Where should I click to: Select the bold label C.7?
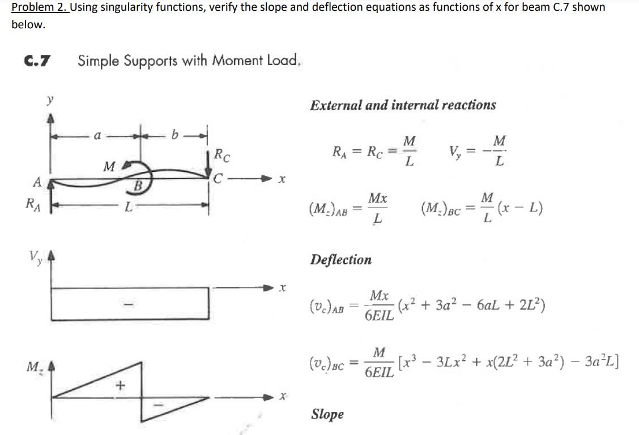tap(36, 60)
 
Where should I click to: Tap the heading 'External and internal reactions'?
tap(403, 105)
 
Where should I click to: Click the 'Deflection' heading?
tap(341, 260)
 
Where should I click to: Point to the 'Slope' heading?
tap(327, 414)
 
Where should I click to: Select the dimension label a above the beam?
tap(97, 136)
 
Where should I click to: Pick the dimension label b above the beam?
tap(176, 136)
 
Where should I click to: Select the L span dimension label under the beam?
tap(129, 208)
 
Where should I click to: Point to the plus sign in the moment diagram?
tap(119, 386)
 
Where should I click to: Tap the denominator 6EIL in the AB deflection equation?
tap(379, 316)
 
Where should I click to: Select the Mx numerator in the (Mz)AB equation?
tap(378, 199)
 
